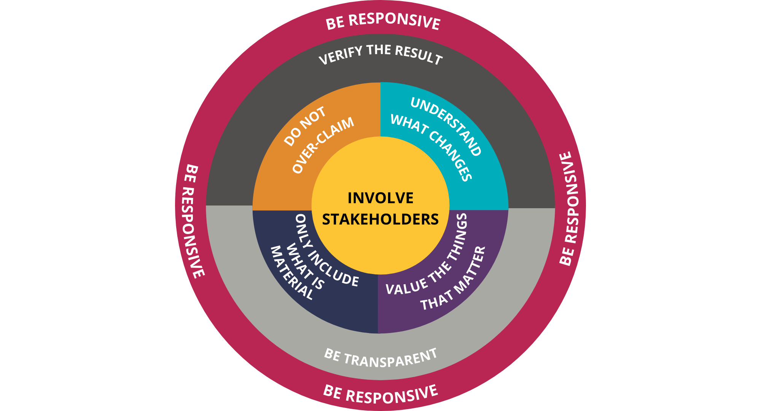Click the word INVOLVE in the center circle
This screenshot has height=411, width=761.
click(380, 198)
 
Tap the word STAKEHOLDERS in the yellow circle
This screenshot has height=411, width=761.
click(380, 220)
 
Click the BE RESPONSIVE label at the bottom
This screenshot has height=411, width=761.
click(380, 394)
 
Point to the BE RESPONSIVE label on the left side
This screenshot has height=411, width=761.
click(194, 221)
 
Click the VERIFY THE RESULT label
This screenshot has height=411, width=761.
click(380, 54)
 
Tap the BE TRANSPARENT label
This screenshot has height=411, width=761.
click(380, 358)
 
